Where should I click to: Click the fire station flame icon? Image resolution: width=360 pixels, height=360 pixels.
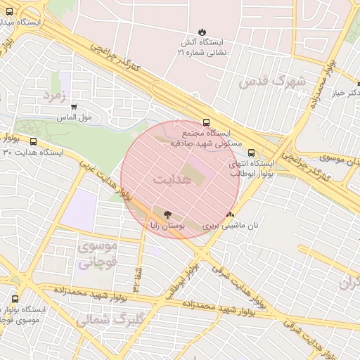coord(202,32)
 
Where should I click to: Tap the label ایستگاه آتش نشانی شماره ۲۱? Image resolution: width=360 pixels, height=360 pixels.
coord(202,48)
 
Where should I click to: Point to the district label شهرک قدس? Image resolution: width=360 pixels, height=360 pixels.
coord(271,82)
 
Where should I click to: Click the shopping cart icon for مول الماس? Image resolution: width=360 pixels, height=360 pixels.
coord(74,106)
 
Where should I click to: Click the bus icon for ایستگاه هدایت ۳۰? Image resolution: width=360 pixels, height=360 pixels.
coord(34,141)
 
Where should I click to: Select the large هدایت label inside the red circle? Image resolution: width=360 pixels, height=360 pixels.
coord(172,179)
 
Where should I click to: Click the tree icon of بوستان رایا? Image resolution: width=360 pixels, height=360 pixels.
coord(167,214)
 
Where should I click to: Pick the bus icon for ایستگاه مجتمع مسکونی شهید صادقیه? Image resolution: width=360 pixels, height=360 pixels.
coord(205,122)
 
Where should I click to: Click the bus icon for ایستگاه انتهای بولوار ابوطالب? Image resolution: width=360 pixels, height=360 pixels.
coord(252,152)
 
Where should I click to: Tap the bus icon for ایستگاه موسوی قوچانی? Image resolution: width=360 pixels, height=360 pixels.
coord(15,299)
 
